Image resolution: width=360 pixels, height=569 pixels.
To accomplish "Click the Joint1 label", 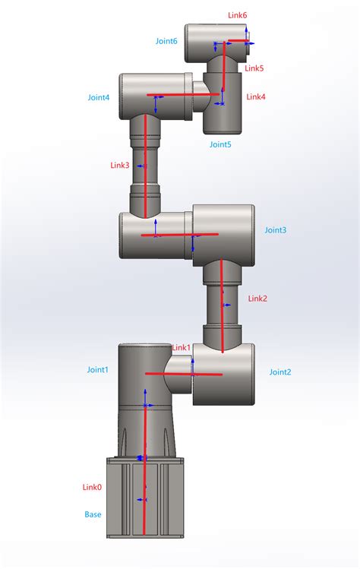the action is coord(98,369).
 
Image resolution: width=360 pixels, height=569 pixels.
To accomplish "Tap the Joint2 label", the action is coord(280,372).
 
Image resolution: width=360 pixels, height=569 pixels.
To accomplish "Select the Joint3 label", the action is coord(276,230).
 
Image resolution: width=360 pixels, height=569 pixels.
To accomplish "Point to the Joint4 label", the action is coord(98,97).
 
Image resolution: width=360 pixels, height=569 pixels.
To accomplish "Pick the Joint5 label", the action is coord(220,144).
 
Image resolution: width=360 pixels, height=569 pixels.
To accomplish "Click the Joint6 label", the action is coord(166,41).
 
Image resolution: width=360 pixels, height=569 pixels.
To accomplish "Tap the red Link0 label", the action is coord(92,487).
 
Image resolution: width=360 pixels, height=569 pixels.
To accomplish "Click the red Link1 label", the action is coord(181,348).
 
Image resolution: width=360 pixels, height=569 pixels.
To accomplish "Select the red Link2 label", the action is coord(257,299).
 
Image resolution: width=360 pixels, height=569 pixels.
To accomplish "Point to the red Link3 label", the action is coord(120,166).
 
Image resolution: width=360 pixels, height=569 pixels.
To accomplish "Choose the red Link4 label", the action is coord(256,97).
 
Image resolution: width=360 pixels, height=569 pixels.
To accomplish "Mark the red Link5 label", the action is coord(254,68).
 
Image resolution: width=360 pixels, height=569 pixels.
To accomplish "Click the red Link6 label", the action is coord(237,15).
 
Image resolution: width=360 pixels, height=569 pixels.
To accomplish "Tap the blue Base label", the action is coord(93,514).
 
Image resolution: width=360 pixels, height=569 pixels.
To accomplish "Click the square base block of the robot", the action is coord(145,498).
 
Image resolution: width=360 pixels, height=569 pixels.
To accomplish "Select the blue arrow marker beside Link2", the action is coord(226,305).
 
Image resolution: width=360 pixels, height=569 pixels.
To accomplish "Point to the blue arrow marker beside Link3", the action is coord(141,166).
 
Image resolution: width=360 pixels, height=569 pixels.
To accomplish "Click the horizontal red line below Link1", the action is coord(184,374).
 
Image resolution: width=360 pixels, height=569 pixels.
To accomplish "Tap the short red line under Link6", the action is coord(238,41).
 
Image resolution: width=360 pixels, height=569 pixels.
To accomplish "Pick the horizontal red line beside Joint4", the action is coord(183,95).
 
